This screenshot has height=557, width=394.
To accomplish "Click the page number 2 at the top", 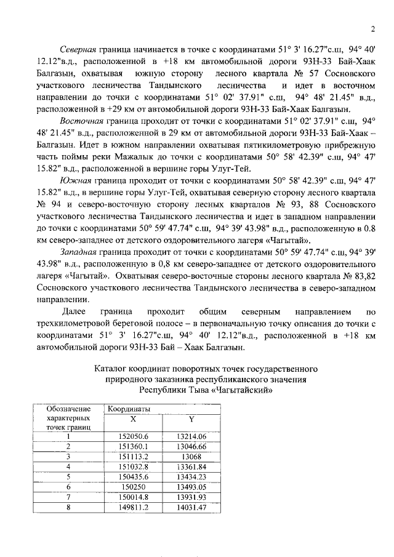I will [x=373, y=28].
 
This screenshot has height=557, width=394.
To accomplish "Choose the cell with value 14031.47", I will [x=191, y=507].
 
